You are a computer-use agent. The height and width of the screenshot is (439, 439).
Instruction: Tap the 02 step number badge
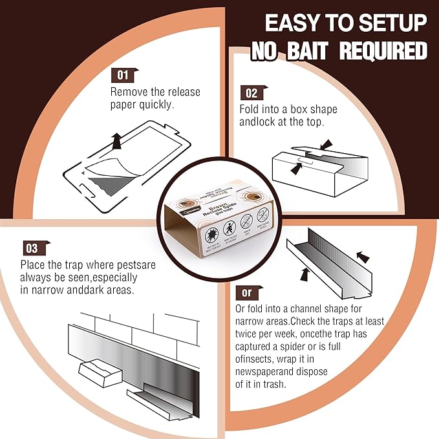click(x=250, y=93)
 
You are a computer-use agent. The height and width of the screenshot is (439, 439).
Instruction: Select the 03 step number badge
click(x=31, y=248)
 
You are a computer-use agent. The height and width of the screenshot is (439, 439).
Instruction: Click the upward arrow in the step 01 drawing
click(x=116, y=138)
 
